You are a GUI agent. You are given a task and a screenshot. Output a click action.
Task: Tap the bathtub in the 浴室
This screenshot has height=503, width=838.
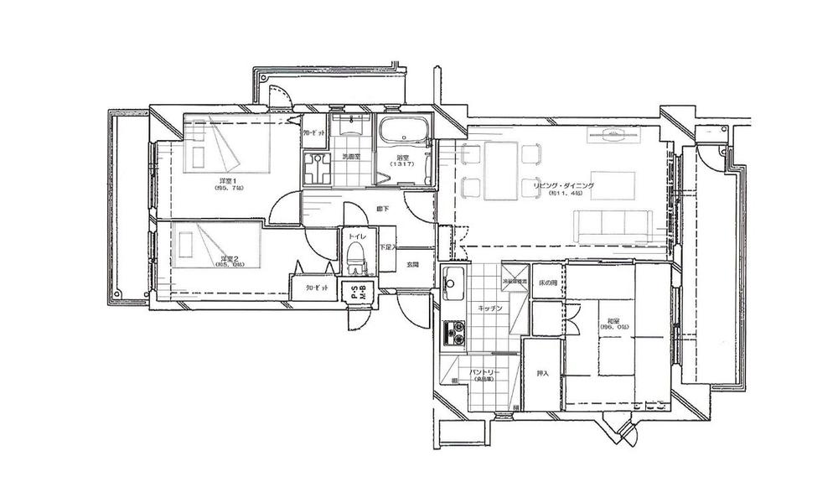[x=403, y=134]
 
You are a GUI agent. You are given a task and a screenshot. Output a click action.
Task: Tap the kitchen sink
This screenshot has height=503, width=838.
[x=452, y=285]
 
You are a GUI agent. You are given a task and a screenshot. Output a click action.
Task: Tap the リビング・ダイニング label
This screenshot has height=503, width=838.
[x=566, y=185]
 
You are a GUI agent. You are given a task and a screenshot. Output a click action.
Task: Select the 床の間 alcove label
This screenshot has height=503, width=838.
[x=548, y=284]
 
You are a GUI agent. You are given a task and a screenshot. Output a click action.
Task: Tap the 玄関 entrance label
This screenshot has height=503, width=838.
[x=412, y=265]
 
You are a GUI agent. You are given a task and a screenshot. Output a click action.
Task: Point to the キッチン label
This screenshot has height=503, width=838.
[x=489, y=309]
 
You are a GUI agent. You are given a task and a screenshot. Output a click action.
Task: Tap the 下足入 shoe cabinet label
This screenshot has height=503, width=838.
[x=385, y=247]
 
